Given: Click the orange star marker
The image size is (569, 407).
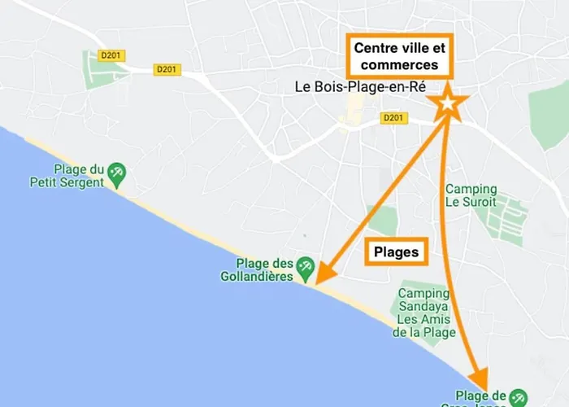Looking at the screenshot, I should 448,103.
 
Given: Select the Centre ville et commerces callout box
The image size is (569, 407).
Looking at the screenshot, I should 398,57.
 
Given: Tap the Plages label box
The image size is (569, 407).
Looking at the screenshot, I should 396,252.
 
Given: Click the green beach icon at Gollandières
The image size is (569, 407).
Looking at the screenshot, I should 306,265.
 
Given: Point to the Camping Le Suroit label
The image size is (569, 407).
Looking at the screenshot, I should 471,196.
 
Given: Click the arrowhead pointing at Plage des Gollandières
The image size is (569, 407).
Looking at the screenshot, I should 321,277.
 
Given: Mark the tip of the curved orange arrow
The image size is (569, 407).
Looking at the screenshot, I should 482,385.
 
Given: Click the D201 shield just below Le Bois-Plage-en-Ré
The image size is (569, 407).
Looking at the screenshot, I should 393,119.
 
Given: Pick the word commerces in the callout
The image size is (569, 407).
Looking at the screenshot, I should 399,65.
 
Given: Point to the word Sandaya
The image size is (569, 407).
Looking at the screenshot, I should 422,306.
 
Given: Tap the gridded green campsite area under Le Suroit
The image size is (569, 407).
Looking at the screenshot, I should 502,217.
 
